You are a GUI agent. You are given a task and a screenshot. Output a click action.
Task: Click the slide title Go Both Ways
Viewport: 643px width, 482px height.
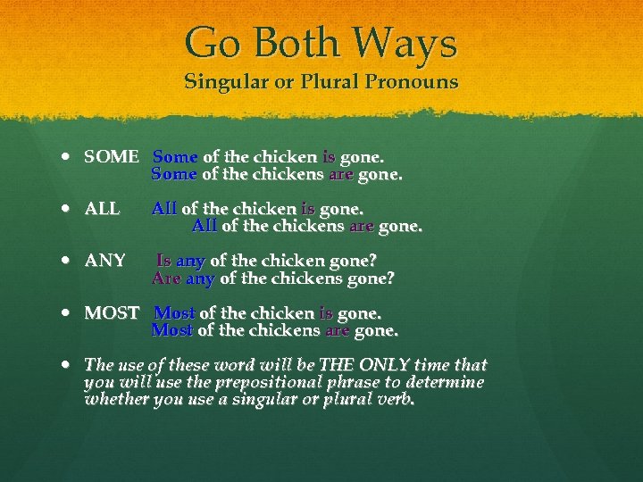pyautogui.click(x=321, y=44)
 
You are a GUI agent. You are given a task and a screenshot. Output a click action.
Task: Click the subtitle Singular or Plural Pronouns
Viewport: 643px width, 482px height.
pyautogui.click(x=321, y=82)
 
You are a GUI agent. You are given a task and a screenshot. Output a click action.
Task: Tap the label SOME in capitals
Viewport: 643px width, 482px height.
pyautogui.click(x=112, y=157)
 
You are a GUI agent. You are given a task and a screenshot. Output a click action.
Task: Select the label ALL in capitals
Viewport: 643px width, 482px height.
pyautogui.click(x=102, y=209)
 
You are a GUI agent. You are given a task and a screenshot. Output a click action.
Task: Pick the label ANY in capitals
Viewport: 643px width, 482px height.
pyautogui.click(x=104, y=261)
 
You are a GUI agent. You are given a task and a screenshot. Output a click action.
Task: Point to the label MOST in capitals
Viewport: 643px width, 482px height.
pyautogui.click(x=112, y=313)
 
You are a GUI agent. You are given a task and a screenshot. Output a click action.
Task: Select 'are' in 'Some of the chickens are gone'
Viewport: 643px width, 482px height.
pyautogui.click(x=341, y=175)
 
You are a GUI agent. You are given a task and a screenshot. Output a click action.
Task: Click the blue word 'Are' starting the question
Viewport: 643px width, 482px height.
pyautogui.click(x=166, y=278)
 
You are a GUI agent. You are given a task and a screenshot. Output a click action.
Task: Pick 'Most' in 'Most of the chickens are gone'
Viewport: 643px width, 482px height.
pyautogui.click(x=172, y=330)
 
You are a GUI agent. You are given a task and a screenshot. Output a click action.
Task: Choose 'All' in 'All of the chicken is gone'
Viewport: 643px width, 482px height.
pyautogui.click(x=164, y=209)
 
